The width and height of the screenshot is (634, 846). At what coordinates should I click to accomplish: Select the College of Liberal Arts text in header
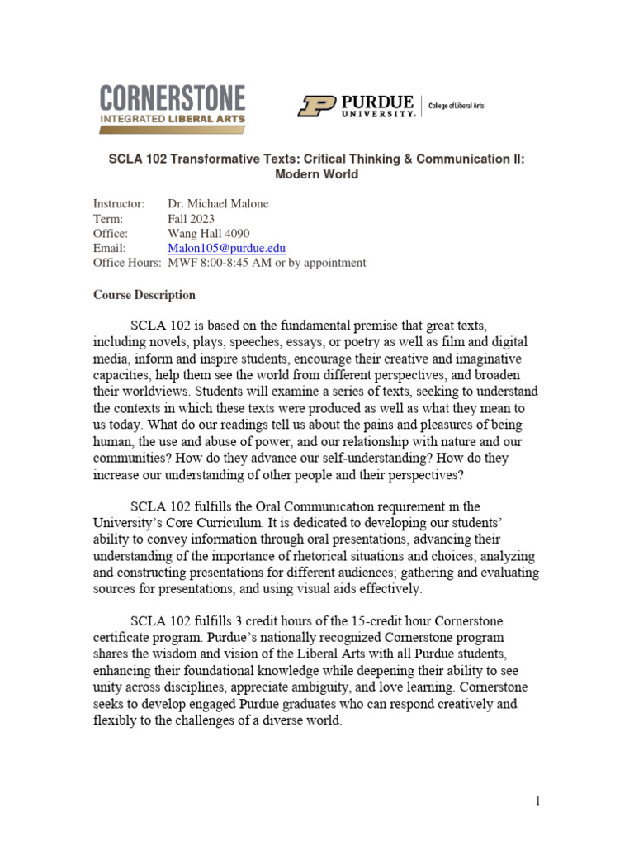pyautogui.click(x=457, y=107)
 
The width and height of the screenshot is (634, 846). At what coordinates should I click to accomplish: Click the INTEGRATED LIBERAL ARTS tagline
pyautogui.click(x=173, y=120)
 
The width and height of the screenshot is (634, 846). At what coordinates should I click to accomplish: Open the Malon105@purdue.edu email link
pyautogui.click(x=226, y=248)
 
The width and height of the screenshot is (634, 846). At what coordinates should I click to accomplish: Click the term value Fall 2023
pyautogui.click(x=191, y=218)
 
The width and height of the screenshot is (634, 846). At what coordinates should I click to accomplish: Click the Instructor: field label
pyautogui.click(x=119, y=203)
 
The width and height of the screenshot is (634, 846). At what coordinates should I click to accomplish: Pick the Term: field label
pyautogui.click(x=108, y=218)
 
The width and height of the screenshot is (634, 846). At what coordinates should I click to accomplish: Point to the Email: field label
pyautogui.click(x=110, y=248)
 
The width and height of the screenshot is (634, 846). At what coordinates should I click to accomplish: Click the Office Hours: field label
pyautogui.click(x=127, y=263)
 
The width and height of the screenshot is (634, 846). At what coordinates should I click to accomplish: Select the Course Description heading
pyautogui.click(x=144, y=295)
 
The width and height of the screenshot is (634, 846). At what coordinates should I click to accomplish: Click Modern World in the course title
pyautogui.click(x=317, y=174)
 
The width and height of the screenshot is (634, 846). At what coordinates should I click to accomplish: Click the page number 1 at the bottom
pyautogui.click(x=537, y=801)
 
